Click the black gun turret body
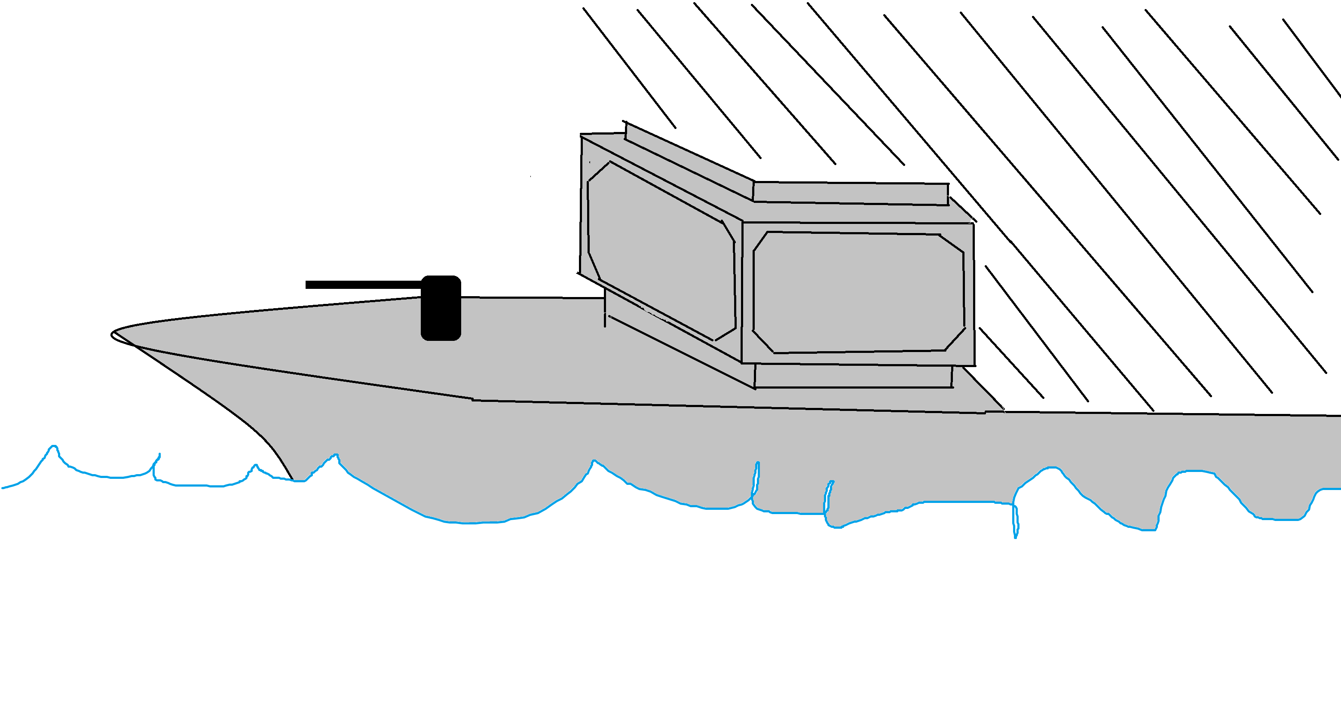coord(441,308)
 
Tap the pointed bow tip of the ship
coord(113,334)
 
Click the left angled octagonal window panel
coord(661,250)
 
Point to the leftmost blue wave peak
coord(53,447)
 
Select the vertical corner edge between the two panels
coord(742,291)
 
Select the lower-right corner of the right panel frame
coord(974,365)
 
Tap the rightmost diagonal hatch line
coord(1312,57)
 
